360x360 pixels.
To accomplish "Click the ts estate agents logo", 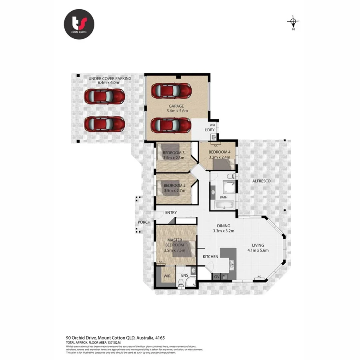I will click(x=79, y=24).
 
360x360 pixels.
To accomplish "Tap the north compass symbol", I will click(x=293, y=22).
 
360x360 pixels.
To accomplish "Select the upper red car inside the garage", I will click(x=171, y=91).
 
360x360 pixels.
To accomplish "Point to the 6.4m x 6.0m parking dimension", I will click(x=110, y=83).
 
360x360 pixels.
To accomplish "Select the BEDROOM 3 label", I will click(x=174, y=152).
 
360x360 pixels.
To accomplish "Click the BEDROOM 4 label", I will click(x=220, y=152).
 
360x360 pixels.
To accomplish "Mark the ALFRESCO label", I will click(x=261, y=181).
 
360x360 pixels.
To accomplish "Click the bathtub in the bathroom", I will click(x=224, y=206).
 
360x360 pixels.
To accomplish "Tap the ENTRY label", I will click(x=170, y=212).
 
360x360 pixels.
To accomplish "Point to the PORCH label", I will click(x=144, y=222).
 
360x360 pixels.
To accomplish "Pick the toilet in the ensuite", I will click(x=181, y=284).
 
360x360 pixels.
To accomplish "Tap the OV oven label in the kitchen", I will click(x=216, y=276).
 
